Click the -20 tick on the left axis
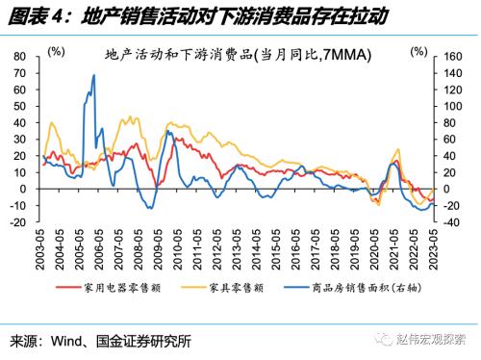[18, 222]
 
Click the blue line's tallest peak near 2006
[93, 75]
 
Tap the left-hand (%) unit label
[57, 48]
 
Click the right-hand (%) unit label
[421, 48]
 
